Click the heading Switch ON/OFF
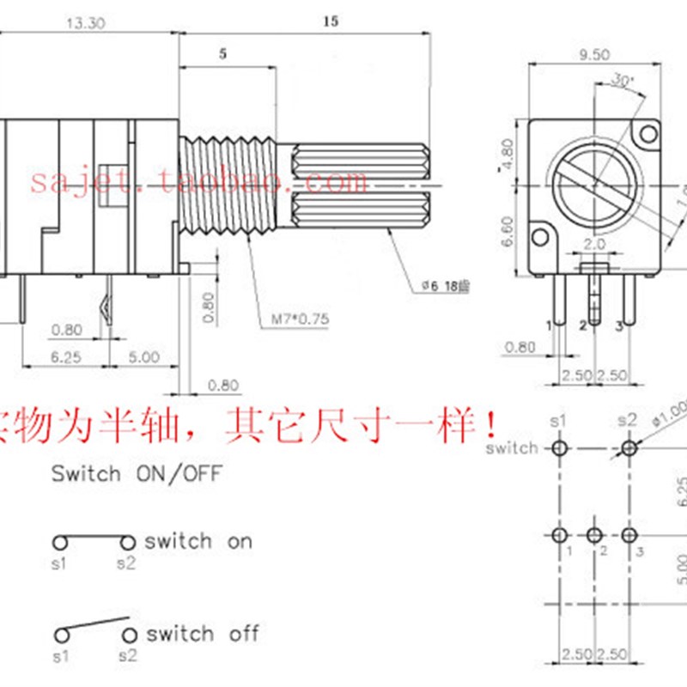(137, 473)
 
